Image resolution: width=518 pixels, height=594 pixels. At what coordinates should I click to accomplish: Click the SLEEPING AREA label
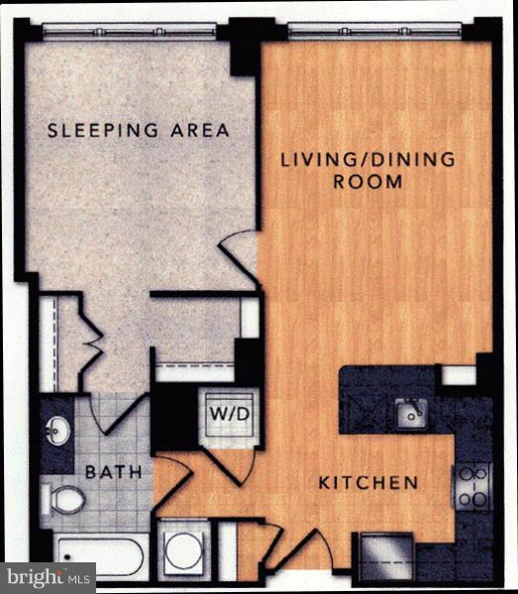tap(139, 130)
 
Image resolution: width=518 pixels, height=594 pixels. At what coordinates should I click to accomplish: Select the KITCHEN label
tap(367, 483)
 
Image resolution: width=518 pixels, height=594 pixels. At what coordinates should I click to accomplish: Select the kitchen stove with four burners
tap(472, 486)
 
